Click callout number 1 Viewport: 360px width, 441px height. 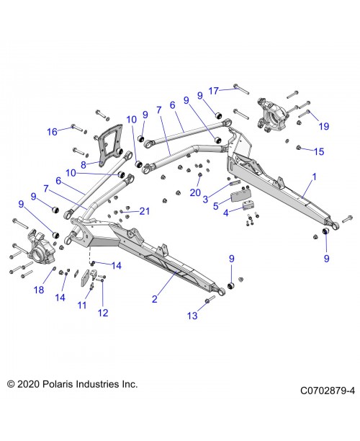coord(313,177)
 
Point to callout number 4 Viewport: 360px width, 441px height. coord(226,213)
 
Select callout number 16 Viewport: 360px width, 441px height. coord(52,131)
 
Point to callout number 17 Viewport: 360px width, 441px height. coord(213,90)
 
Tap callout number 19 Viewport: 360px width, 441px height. coord(323,126)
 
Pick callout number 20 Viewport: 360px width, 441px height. coord(195,192)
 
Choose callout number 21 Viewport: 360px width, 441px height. coord(144,211)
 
